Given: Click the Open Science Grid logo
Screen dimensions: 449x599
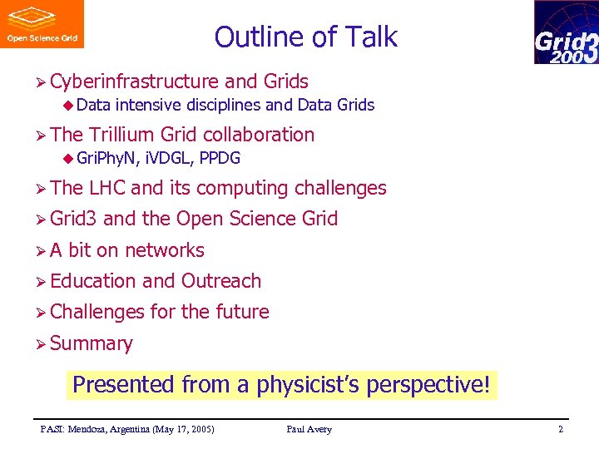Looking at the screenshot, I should (42, 24).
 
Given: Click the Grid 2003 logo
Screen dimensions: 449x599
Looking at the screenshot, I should (566, 32).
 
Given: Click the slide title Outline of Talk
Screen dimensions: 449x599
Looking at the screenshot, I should (305, 37).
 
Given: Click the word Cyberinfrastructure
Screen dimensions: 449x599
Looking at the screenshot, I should (134, 81).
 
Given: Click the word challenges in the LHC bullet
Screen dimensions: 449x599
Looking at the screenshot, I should (340, 189).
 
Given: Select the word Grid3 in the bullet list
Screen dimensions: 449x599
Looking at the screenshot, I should (73, 219).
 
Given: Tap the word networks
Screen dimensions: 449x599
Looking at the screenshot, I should (164, 250).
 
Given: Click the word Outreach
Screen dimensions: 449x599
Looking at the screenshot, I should (220, 281).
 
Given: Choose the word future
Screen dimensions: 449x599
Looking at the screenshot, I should (241, 312).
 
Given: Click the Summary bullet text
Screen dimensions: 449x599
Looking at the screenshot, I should (91, 343).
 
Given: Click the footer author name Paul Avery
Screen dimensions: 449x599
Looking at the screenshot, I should (309, 429).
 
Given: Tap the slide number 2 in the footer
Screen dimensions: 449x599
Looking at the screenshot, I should (561, 429).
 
